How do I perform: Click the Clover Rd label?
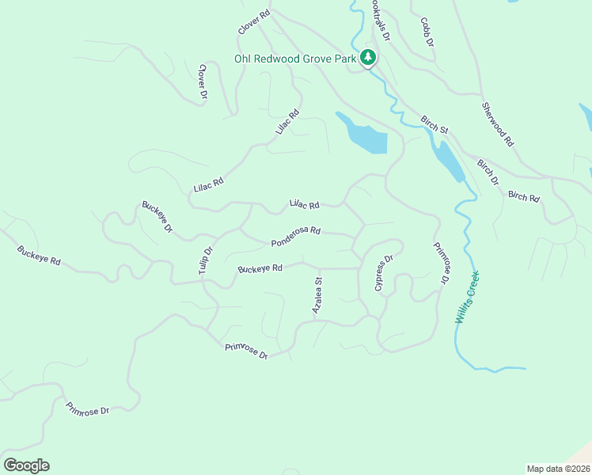(x=254, y=22)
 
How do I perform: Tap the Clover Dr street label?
(x=203, y=82)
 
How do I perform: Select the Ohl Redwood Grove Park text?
(x=295, y=58)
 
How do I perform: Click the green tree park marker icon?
(x=368, y=57)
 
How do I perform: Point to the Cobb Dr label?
(x=427, y=32)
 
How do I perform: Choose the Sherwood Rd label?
(x=498, y=124)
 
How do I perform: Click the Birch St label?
(x=435, y=124)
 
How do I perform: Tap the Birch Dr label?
(x=488, y=173)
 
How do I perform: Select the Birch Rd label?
(x=523, y=196)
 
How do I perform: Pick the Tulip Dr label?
(x=206, y=261)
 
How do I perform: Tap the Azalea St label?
(x=317, y=294)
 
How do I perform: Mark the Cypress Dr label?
(x=384, y=273)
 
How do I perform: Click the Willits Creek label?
(x=468, y=298)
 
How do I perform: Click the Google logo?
(x=26, y=465)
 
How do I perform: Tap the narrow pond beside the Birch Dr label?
(x=449, y=161)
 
